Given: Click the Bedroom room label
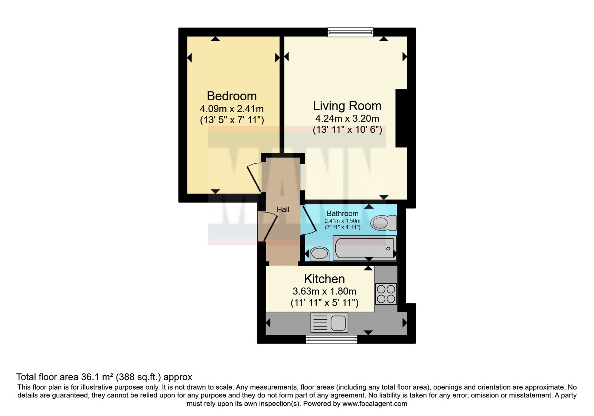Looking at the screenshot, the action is [x=232, y=96].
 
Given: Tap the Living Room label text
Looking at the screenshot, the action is [x=347, y=106].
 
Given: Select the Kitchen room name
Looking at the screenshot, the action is [x=324, y=279].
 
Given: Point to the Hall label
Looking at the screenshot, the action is [x=283, y=209].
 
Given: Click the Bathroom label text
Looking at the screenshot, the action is [x=342, y=213].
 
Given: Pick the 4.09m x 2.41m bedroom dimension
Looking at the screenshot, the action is [x=232, y=109].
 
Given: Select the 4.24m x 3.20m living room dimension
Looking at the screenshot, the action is [x=347, y=118].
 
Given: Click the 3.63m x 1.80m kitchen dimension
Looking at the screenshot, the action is [x=324, y=291].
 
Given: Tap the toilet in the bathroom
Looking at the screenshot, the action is [x=384, y=223].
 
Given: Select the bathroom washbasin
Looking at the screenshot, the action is [x=320, y=254].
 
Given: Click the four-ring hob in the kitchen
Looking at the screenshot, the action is [x=386, y=294].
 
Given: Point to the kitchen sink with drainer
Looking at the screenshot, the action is [x=329, y=323].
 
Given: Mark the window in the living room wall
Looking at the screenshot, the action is [x=350, y=32].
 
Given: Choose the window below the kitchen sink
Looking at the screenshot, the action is [x=331, y=339].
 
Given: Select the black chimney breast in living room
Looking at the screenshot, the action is [x=401, y=118].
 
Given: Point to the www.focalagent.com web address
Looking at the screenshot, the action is [x=375, y=404].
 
